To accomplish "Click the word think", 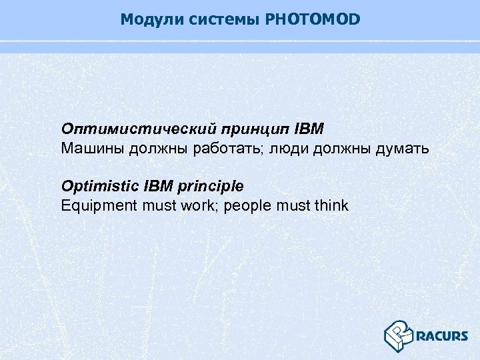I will pyautogui.click(x=330, y=205).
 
